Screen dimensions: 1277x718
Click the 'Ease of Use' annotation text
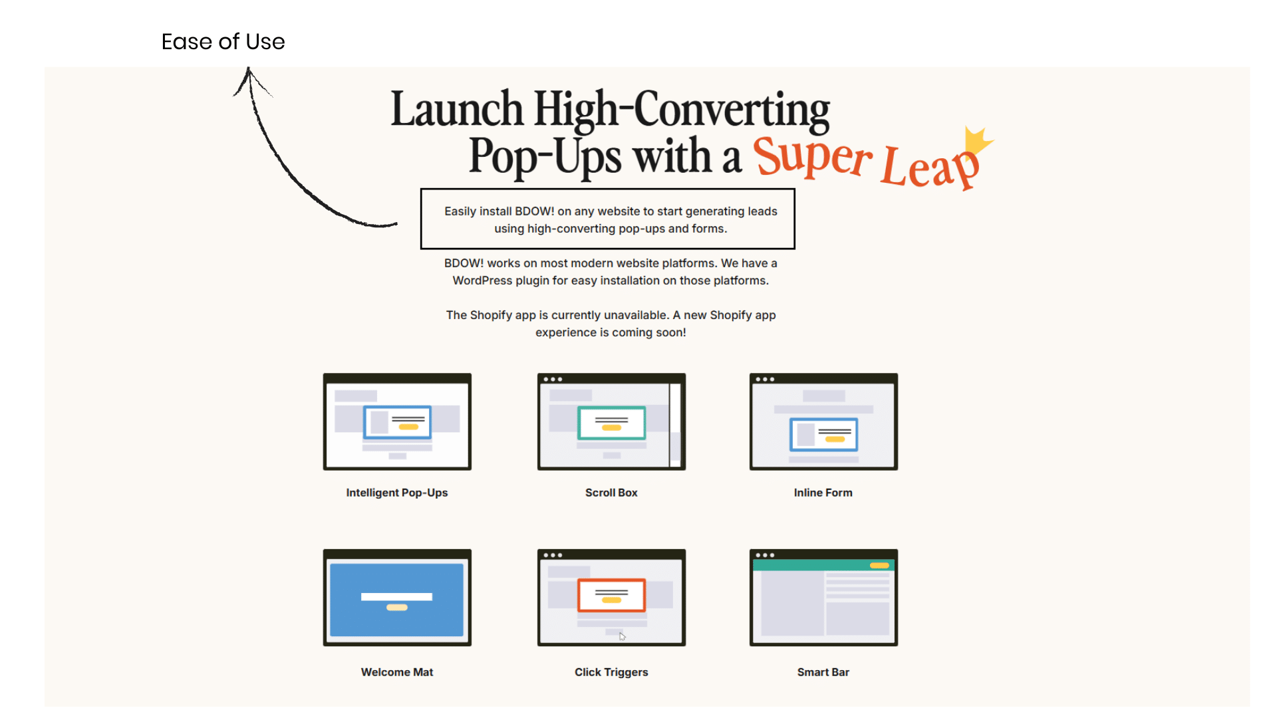tap(223, 42)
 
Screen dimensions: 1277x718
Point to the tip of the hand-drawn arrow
tap(248, 67)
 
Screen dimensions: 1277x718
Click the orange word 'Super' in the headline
tap(813, 157)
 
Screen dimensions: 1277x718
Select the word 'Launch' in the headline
tap(457, 109)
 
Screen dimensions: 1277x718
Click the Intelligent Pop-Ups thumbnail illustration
tap(397, 421)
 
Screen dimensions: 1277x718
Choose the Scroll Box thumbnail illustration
tap(611, 421)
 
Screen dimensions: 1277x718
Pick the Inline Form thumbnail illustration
tap(823, 421)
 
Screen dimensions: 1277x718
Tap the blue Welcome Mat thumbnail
tap(397, 598)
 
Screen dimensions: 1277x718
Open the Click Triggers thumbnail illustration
tap(611, 598)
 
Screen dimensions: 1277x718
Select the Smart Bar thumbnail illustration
tap(823, 598)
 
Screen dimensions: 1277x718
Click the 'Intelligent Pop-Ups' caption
tap(397, 493)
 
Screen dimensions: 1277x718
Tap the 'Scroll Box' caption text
tap(611, 493)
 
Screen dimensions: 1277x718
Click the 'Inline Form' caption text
tap(823, 493)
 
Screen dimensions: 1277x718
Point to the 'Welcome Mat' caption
tap(397, 672)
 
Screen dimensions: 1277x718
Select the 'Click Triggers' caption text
tap(611, 672)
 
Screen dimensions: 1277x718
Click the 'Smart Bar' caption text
tap(823, 672)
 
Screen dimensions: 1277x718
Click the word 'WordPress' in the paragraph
tap(482, 281)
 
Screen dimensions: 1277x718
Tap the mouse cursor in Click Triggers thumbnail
tap(623, 637)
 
